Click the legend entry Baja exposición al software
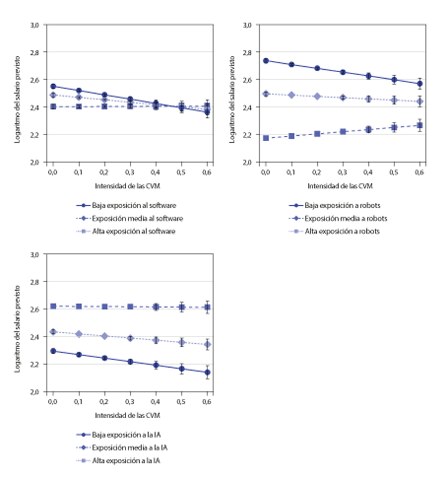point(134,205)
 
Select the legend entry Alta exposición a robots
point(342,231)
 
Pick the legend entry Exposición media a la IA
point(130,448)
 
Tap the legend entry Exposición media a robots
point(346,218)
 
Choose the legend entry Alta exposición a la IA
point(126,461)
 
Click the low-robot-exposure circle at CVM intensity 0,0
point(266,61)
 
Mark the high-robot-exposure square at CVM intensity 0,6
point(420,125)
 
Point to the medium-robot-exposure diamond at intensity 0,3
point(343,98)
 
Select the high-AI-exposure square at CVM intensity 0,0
point(53,306)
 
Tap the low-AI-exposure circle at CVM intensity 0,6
point(207,372)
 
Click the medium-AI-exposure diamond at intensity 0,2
point(105,336)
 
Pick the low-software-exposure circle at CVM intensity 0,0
point(53,86)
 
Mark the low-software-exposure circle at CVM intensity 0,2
point(105,95)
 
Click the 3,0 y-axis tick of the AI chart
point(35,254)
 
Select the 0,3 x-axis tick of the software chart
point(130,172)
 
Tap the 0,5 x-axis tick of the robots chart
point(394,172)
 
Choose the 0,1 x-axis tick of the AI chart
point(79,402)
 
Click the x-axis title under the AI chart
point(127,415)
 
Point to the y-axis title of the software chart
point(18,100)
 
